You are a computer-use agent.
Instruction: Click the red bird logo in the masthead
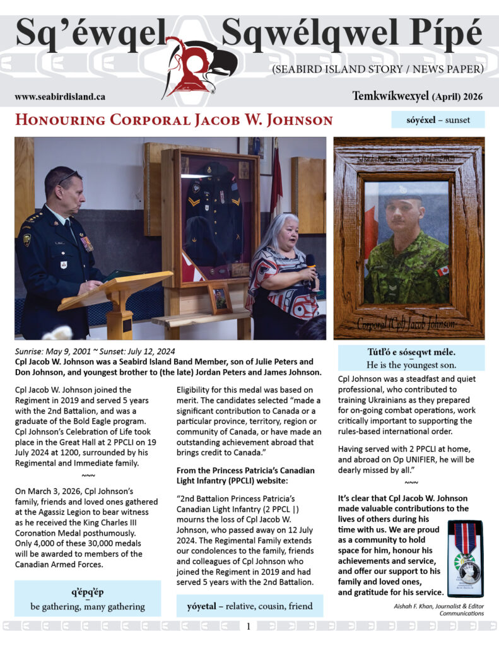click(x=199, y=66)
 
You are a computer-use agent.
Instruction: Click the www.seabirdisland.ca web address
click(x=60, y=97)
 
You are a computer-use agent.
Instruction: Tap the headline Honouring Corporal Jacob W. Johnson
click(x=173, y=120)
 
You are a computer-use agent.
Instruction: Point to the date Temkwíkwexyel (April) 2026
click(x=418, y=96)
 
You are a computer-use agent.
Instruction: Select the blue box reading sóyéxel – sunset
click(x=438, y=120)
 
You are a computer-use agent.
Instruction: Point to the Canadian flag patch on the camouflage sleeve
click(x=442, y=271)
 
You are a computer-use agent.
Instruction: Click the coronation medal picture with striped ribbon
click(x=464, y=558)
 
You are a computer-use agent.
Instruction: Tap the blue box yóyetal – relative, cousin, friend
click(x=250, y=606)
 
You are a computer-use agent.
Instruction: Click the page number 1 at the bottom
click(x=249, y=626)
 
